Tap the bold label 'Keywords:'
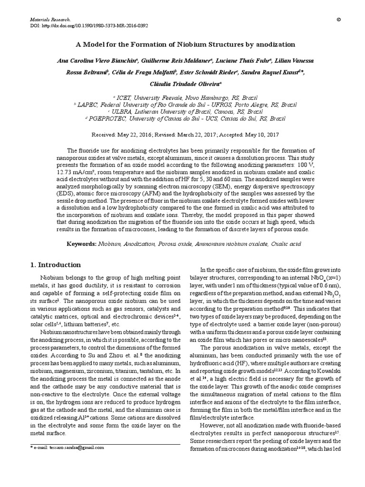tap(81, 244)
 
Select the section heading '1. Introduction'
tap(56, 265)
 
